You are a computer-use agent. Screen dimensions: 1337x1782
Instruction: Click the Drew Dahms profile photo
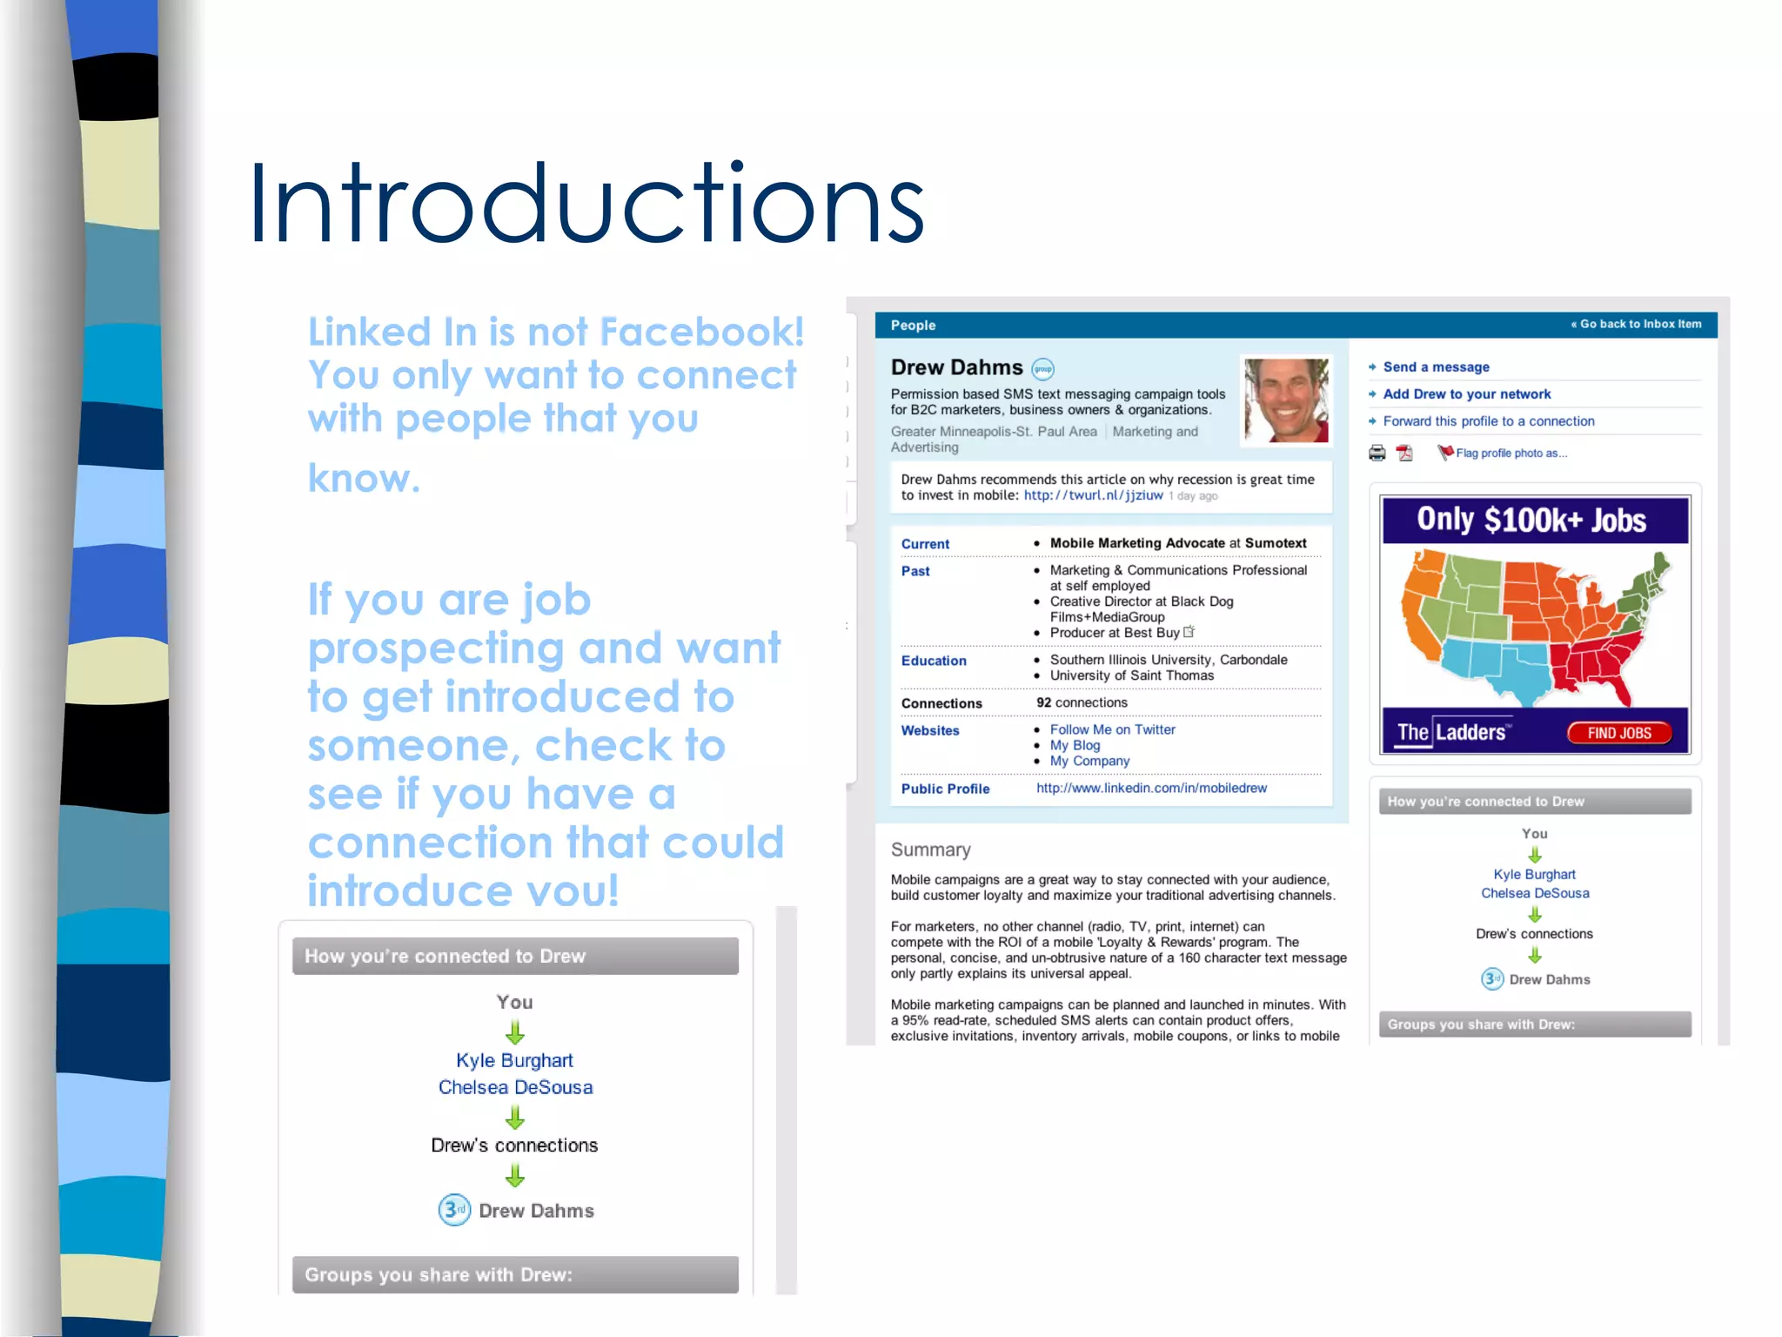pyautogui.click(x=1285, y=400)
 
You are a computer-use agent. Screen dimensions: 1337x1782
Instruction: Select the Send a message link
pyautogui.click(x=1436, y=367)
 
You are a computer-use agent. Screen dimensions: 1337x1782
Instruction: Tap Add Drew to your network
pyautogui.click(x=1466, y=394)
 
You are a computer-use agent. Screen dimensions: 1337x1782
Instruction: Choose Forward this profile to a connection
pyautogui.click(x=1488, y=421)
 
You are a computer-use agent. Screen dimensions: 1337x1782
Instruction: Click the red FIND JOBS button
pyautogui.click(x=1618, y=733)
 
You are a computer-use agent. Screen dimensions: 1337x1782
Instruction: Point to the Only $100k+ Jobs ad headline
pyautogui.click(x=1531, y=520)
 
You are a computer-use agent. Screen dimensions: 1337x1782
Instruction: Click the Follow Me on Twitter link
pyautogui.click(x=1112, y=729)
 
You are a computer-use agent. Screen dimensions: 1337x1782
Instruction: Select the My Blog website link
pyautogui.click(x=1075, y=745)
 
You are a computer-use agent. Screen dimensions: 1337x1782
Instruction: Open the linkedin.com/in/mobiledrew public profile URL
pyautogui.click(x=1151, y=788)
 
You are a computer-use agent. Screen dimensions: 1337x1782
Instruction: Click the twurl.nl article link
pyautogui.click(x=1093, y=495)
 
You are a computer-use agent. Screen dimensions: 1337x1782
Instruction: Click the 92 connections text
pyautogui.click(x=1082, y=702)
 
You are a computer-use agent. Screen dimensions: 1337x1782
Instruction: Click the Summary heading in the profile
pyautogui.click(x=930, y=850)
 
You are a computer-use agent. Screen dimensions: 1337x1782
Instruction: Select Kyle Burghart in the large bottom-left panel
pyautogui.click(x=514, y=1060)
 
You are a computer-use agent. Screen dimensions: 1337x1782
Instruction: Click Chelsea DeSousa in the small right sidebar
pyautogui.click(x=1535, y=893)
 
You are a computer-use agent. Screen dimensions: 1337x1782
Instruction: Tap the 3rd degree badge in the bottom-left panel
pyautogui.click(x=454, y=1210)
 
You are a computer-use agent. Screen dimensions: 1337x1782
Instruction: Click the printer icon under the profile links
pyautogui.click(x=1377, y=453)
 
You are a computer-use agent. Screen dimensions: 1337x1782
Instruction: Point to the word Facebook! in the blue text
pyautogui.click(x=701, y=332)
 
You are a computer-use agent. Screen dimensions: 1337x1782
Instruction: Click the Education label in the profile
pyautogui.click(x=934, y=661)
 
